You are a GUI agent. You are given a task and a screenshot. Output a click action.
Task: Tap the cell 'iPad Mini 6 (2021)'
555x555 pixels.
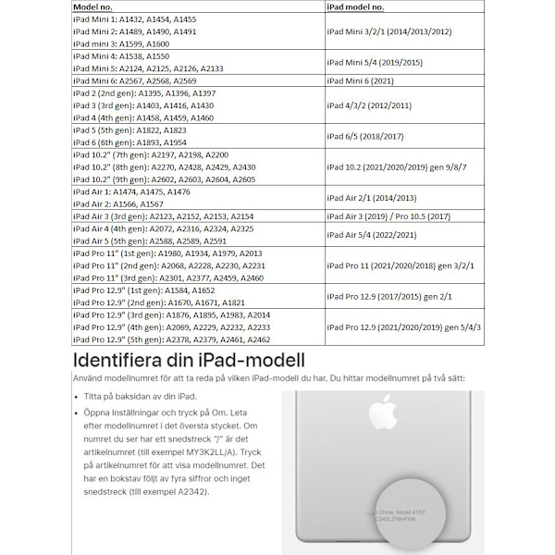click(371, 80)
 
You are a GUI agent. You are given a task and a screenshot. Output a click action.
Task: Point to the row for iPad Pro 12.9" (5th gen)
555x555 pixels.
click(171, 339)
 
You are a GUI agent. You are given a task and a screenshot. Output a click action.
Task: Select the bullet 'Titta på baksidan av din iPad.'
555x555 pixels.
click(137, 393)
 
